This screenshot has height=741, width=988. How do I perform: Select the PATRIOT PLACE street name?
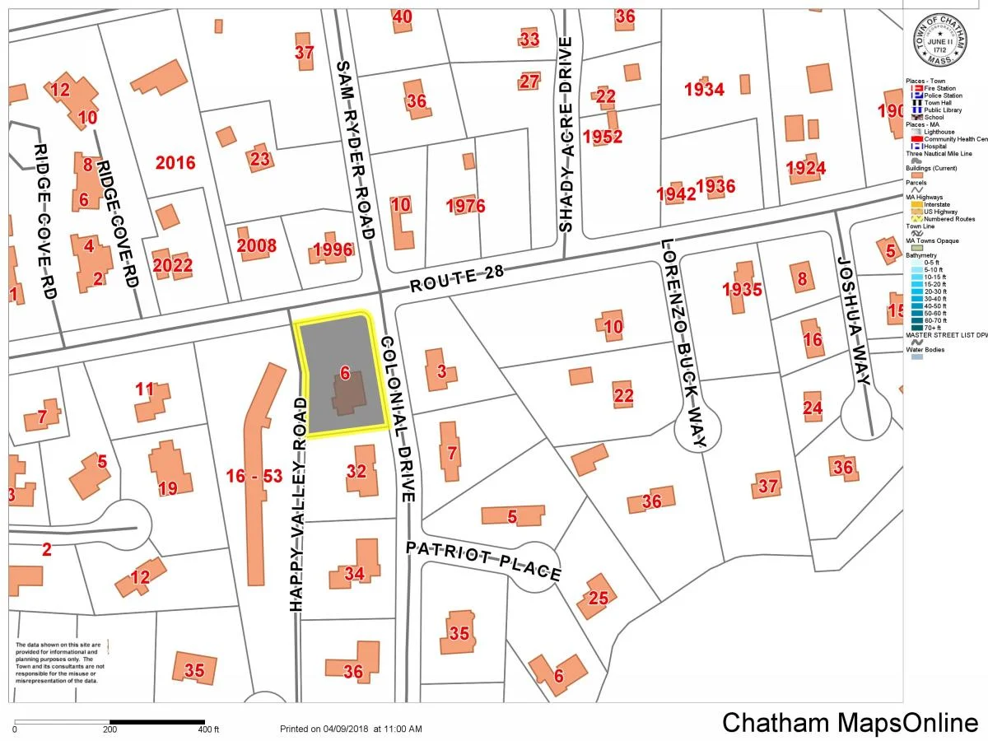(483, 560)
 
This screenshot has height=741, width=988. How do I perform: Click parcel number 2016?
(175, 162)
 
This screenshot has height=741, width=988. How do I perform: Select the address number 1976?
(465, 205)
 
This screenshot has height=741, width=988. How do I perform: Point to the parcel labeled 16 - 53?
(254, 475)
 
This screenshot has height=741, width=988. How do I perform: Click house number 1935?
(742, 289)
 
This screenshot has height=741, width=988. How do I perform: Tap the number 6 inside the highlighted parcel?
(345, 374)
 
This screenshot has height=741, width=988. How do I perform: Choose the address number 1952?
(602, 136)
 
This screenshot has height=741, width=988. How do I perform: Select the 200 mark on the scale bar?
(109, 729)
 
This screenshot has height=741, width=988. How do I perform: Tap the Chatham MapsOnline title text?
(849, 722)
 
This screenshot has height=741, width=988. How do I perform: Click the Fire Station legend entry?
(939, 88)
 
